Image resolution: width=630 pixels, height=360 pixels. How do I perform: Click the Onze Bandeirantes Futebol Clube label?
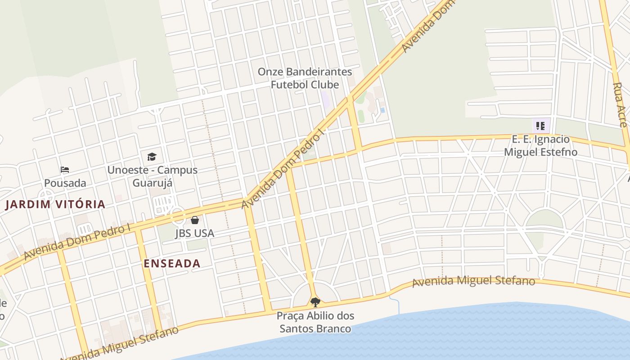pyautogui.click(x=305, y=78)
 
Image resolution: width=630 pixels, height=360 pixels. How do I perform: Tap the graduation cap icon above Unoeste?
pyautogui.click(x=152, y=157)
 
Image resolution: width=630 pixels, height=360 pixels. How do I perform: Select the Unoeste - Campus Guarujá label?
pyautogui.click(x=152, y=176)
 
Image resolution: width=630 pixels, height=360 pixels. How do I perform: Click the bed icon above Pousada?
pyautogui.click(x=65, y=170)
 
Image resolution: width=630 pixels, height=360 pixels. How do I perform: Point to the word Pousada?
pyautogui.click(x=65, y=183)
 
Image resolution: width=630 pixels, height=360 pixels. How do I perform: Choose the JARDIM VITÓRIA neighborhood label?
pyautogui.click(x=55, y=204)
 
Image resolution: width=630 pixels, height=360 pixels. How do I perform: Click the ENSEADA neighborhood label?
pyautogui.click(x=172, y=264)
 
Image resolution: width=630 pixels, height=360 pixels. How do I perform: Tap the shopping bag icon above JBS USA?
pyautogui.click(x=194, y=220)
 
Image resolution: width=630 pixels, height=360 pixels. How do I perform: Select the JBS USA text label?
pyautogui.click(x=194, y=233)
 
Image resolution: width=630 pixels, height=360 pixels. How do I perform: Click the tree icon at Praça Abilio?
pyautogui.click(x=315, y=302)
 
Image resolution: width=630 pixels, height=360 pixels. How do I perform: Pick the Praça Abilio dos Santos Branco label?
pyautogui.click(x=315, y=322)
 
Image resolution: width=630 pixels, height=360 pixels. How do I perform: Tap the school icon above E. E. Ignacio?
pyautogui.click(x=540, y=126)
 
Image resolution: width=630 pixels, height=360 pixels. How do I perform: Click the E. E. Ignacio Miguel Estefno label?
pyautogui.click(x=540, y=145)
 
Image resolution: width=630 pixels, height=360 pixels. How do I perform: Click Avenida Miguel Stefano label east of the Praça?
pyautogui.click(x=473, y=281)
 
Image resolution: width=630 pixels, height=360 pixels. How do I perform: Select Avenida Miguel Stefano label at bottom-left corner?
pyautogui.click(x=119, y=343)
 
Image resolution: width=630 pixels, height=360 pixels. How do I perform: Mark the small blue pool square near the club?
pyautogui.click(x=382, y=110)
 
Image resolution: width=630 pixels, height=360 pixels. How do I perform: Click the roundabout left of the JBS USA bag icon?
pyautogui.click(x=178, y=217)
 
